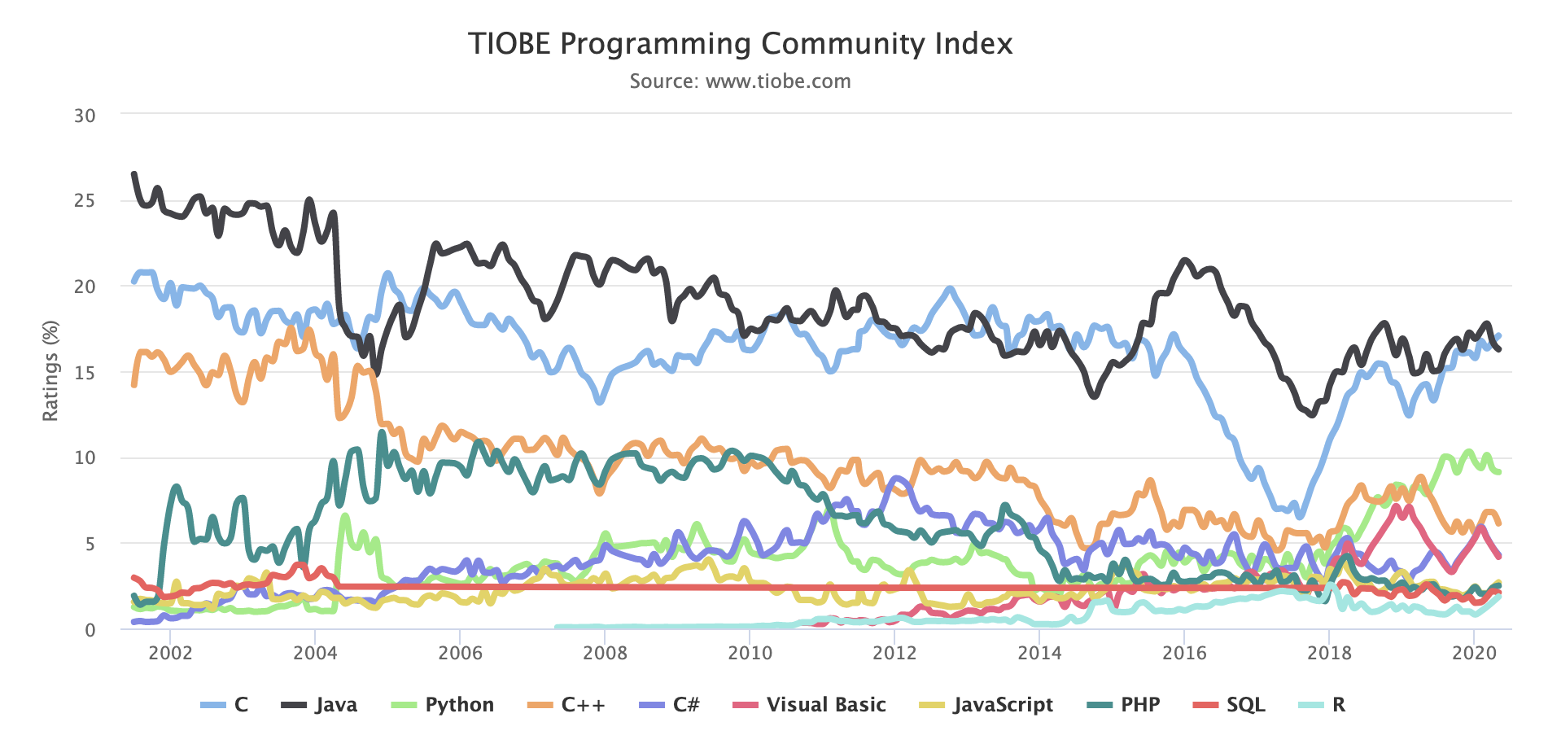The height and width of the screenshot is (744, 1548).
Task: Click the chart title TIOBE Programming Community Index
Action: click(x=740, y=43)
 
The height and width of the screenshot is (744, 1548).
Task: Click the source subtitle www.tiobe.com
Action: click(x=740, y=81)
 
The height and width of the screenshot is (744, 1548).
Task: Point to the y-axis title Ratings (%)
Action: click(x=50, y=371)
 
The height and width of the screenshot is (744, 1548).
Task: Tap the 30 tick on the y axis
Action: click(x=85, y=116)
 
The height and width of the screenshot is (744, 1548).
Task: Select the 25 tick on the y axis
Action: click(x=85, y=201)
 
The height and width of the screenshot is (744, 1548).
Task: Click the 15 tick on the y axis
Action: click(x=85, y=373)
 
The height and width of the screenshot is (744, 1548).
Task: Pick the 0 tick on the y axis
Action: click(x=90, y=630)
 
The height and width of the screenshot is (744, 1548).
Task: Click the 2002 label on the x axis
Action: click(x=170, y=653)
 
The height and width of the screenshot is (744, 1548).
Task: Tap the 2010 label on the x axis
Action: click(x=750, y=653)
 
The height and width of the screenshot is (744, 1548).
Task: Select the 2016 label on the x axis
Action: click(x=1184, y=653)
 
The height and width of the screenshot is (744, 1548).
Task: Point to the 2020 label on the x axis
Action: click(x=1474, y=653)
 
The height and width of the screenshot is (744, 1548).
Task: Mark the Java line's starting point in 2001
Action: click(x=134, y=174)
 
